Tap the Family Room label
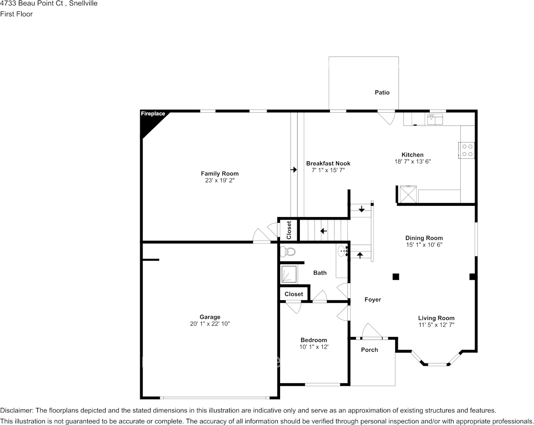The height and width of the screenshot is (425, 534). click(219, 173)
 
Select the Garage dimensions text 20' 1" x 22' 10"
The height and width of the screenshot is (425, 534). click(210, 323)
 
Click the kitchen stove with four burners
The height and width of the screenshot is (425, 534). click(467, 150)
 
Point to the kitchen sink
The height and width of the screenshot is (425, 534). click(435, 120)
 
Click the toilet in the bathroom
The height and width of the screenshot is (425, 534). click(287, 252)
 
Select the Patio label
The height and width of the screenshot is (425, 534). click(382, 93)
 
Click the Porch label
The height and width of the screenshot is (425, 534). click(369, 350)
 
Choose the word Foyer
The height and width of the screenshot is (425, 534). click(373, 300)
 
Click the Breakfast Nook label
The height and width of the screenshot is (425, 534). click(328, 164)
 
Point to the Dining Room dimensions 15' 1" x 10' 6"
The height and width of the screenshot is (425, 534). click(424, 245)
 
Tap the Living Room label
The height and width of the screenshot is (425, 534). click(436, 318)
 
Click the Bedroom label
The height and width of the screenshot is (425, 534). click(314, 340)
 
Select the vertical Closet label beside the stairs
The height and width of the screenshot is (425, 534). click(289, 230)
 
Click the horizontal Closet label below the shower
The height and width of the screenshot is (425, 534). click(294, 294)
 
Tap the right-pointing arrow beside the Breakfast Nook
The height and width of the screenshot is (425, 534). click(294, 170)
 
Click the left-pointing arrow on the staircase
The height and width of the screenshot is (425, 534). click(323, 231)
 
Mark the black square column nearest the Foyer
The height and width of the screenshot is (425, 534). click(396, 277)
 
